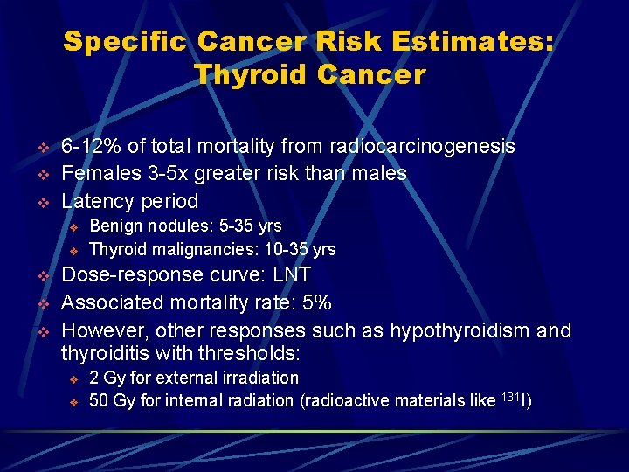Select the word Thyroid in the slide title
pos(252,75)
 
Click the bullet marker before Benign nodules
pos(74,227)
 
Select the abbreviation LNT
pos(292,274)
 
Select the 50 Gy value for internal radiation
pos(113,400)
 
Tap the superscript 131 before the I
pos(509,396)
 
